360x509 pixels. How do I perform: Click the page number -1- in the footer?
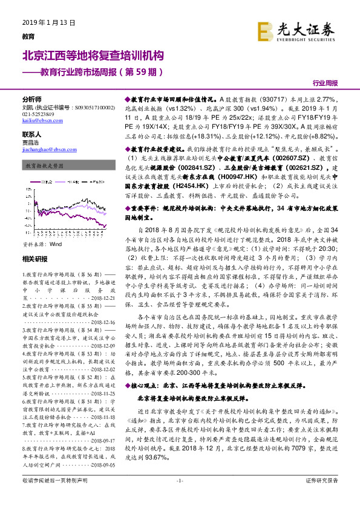pos(180,498)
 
